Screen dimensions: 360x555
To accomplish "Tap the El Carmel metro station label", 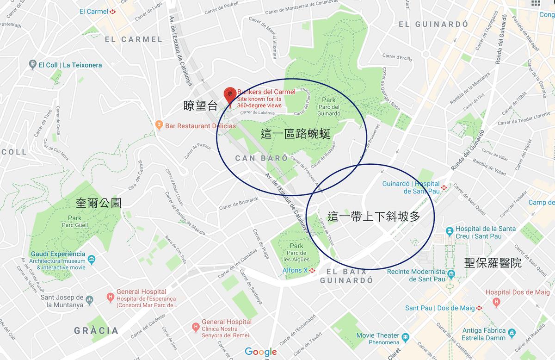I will pos(94,12).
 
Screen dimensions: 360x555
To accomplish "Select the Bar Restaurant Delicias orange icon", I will pos(159,125).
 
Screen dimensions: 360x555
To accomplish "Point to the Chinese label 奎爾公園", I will pos(99,203).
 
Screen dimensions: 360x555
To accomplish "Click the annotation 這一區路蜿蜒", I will pos(296,135).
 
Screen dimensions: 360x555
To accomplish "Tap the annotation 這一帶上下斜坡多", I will pos(374,217).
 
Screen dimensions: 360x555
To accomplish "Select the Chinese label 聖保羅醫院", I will pos(493,263).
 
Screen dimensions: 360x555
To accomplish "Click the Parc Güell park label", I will pos(74,222).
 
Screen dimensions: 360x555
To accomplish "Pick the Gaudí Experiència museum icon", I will pos(92,258).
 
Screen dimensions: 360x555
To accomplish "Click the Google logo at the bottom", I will pos(261,352).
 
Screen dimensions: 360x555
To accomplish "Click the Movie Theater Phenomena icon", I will pos(406,336).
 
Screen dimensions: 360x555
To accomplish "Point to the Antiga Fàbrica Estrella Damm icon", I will pos(512,333).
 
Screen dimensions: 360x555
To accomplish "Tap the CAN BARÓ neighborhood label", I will pos(261,158).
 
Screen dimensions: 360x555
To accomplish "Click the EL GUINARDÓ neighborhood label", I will pos(433,24).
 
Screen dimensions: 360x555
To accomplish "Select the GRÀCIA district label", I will pos(96,331).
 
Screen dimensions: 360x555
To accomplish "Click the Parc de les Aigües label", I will pos(296,253).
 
